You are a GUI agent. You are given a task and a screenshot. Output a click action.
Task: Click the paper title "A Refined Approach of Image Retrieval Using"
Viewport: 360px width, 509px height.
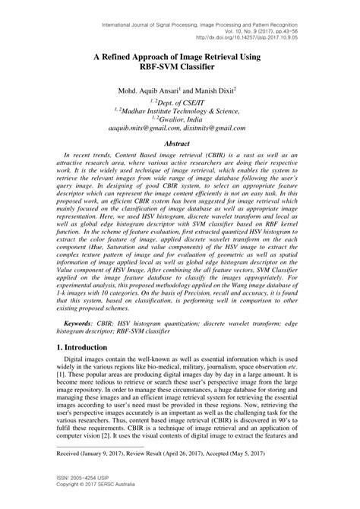click(x=180, y=57)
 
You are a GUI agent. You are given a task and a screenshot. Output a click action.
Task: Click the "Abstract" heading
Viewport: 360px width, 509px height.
click(x=180, y=143)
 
